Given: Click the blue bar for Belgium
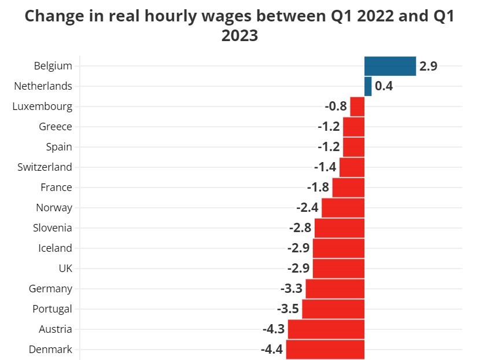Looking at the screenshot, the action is (390, 66).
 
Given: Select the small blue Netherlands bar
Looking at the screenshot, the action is (368, 86).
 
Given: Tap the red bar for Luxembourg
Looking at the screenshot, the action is (357, 106).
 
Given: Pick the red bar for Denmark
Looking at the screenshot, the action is (325, 350).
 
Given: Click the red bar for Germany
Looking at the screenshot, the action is (335, 289).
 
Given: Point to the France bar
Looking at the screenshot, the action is (348, 188).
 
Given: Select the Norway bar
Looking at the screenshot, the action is (343, 208).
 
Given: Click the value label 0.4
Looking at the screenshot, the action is (384, 86).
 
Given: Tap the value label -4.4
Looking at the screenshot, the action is (272, 350).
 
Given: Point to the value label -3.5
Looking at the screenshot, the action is (288, 309).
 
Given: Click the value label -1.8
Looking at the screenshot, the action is (318, 188).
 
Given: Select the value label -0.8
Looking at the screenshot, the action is (336, 106).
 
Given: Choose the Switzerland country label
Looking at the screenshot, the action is (45, 167).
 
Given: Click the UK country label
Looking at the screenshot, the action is (65, 269).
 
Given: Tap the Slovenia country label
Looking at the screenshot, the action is (53, 228).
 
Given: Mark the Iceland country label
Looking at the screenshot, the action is (55, 248).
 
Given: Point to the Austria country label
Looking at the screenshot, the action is (56, 329).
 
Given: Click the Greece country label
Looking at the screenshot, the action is (56, 127).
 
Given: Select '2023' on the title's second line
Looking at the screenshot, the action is (239, 35).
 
